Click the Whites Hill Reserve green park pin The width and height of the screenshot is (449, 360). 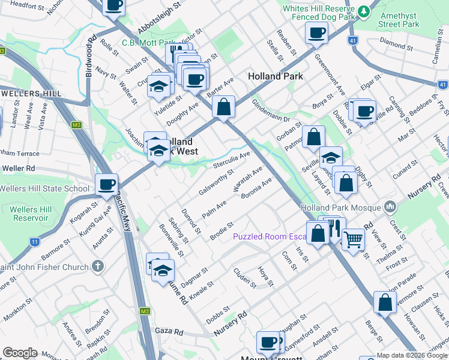click(363, 11)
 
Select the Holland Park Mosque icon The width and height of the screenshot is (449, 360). click(391, 207)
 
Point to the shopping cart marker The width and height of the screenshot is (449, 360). click(353, 238)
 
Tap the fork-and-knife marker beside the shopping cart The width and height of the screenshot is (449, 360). click(334, 229)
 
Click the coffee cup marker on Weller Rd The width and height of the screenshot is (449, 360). click(107, 184)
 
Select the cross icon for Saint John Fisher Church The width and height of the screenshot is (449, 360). click(98, 266)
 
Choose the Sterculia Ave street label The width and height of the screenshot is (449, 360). click(232, 160)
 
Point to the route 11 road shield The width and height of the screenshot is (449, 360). click(34, 242)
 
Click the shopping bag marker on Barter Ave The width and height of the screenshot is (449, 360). click(224, 107)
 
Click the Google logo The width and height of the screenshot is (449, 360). click(20, 353)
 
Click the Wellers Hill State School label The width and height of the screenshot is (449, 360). click(44, 188)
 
